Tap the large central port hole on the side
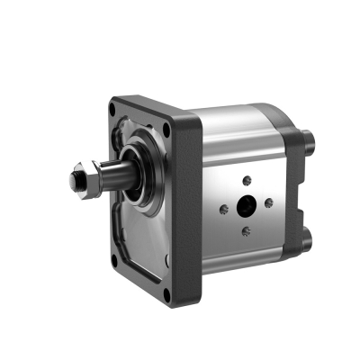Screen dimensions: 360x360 click(x=246, y=206)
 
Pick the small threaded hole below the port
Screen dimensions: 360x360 click(x=246, y=231)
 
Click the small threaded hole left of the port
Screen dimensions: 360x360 click(x=224, y=210)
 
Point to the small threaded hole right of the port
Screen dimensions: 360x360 click(x=268, y=202)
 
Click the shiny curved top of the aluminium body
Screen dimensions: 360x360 click(x=238, y=121)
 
